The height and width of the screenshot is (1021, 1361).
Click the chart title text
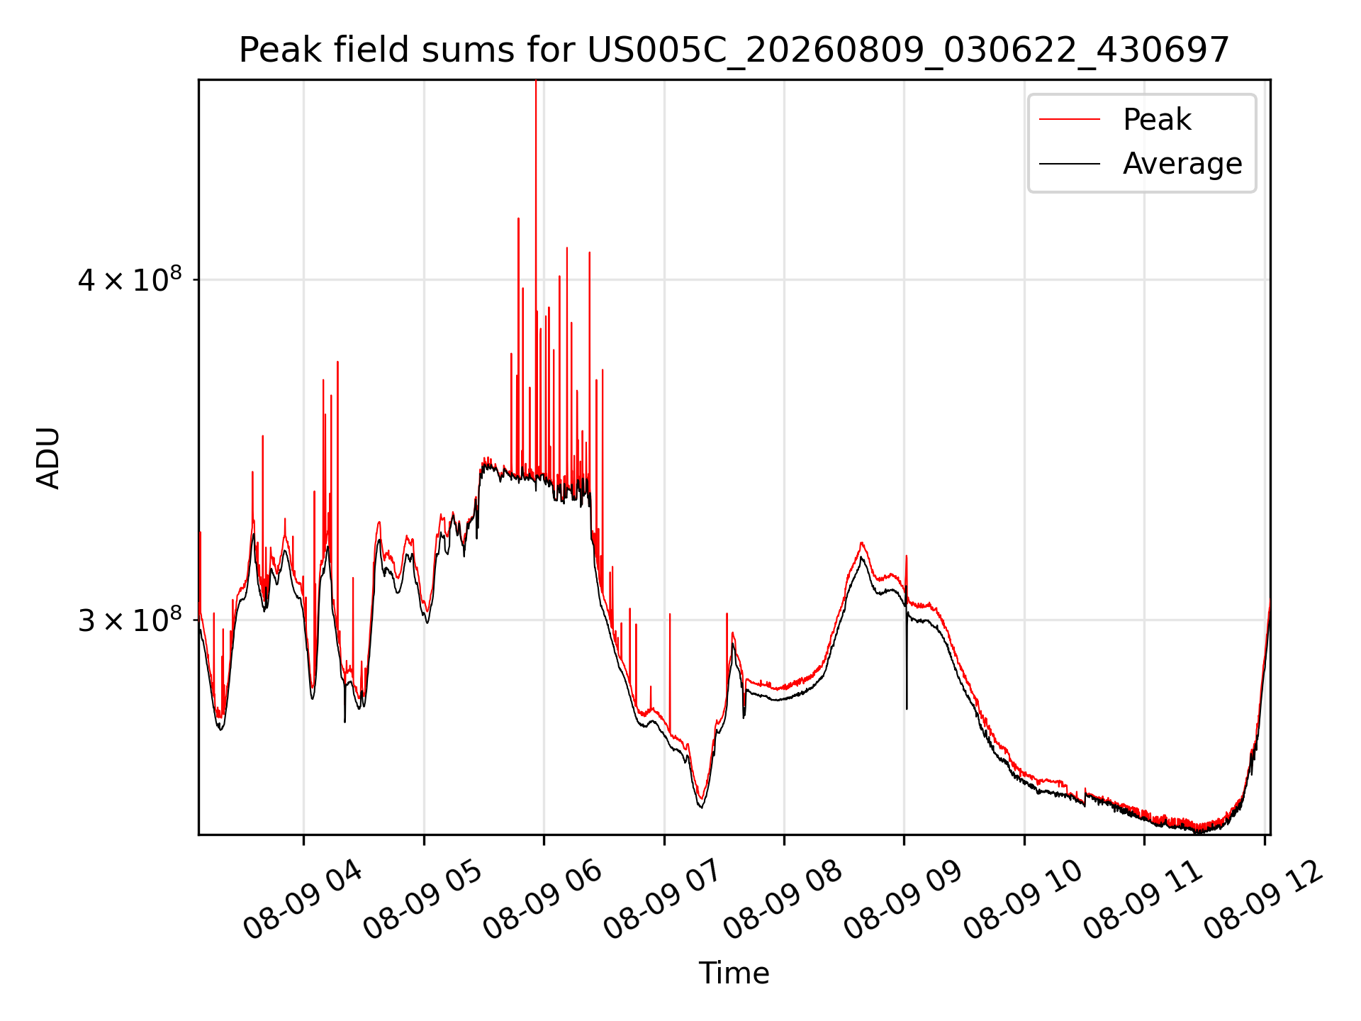click(734, 50)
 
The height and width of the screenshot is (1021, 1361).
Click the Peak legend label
click(1157, 119)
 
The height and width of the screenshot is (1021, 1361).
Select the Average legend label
click(1182, 164)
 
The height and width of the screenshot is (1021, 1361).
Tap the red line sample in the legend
click(1070, 119)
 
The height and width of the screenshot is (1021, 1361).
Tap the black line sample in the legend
click(1070, 164)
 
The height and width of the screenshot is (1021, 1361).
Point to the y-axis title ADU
click(48, 457)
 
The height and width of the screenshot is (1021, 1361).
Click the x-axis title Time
click(734, 973)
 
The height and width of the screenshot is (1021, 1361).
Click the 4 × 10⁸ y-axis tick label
click(129, 279)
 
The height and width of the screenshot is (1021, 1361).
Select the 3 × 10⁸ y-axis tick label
click(129, 620)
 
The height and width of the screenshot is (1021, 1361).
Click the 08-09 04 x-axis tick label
click(303, 900)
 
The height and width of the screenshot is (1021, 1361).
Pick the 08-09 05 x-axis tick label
click(422, 900)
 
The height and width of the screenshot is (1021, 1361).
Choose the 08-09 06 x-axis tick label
click(542, 900)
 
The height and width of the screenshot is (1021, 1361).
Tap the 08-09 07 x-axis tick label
click(663, 900)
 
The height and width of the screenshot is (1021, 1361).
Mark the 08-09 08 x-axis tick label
click(783, 900)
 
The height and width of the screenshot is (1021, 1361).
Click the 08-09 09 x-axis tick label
click(902, 900)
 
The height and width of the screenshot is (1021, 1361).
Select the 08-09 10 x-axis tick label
click(1023, 900)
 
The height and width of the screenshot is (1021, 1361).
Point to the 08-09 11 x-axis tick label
click(1143, 900)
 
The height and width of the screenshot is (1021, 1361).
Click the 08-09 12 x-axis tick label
click(1263, 900)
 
